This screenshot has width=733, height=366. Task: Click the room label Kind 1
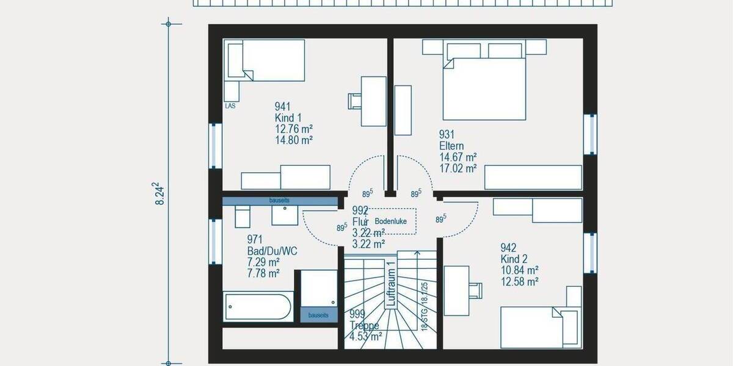[x=288, y=118]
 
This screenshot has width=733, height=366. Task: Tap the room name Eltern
[x=451, y=146]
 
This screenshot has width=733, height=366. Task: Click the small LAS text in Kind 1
[x=230, y=106]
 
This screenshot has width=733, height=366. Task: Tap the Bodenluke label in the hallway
[x=390, y=221]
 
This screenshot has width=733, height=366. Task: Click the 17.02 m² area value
[x=458, y=169]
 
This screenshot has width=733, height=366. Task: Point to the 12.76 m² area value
[x=294, y=129]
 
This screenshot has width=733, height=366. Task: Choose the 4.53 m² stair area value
[x=366, y=336]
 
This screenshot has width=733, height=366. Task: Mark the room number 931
[x=447, y=135]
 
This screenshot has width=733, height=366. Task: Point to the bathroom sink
[x=283, y=215]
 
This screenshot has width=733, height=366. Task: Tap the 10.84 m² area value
[x=519, y=270]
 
